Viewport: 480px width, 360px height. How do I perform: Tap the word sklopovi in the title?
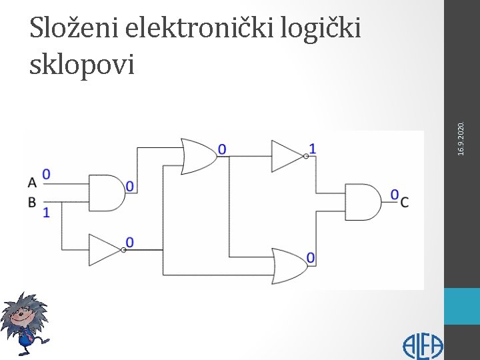tap(83, 65)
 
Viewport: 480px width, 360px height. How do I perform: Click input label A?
tap(32, 182)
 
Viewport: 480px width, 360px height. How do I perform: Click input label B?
tap(32, 201)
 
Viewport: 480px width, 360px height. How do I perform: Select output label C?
tap(405, 202)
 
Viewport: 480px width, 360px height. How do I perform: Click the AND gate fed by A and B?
tap(107, 192)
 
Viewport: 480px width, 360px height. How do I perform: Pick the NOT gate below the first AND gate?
tap(106, 250)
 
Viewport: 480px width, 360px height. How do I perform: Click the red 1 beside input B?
tap(46, 212)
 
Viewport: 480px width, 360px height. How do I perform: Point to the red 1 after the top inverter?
tap(312, 148)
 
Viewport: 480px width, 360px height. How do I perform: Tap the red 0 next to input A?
tap(46, 175)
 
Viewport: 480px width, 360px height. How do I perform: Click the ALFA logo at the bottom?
tap(422, 346)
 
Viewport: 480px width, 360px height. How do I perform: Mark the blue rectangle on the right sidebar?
tap(462, 306)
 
